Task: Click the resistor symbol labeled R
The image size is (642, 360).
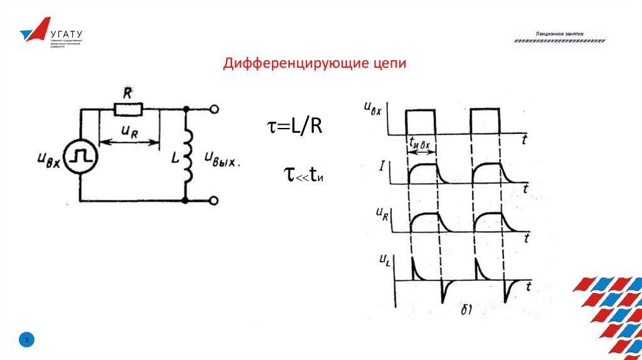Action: click(x=129, y=110)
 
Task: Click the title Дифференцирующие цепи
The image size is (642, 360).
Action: click(x=316, y=64)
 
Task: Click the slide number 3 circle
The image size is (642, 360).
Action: click(x=27, y=340)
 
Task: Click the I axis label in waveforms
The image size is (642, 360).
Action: click(x=382, y=166)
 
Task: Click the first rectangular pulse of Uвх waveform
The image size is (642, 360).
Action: click(x=420, y=120)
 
